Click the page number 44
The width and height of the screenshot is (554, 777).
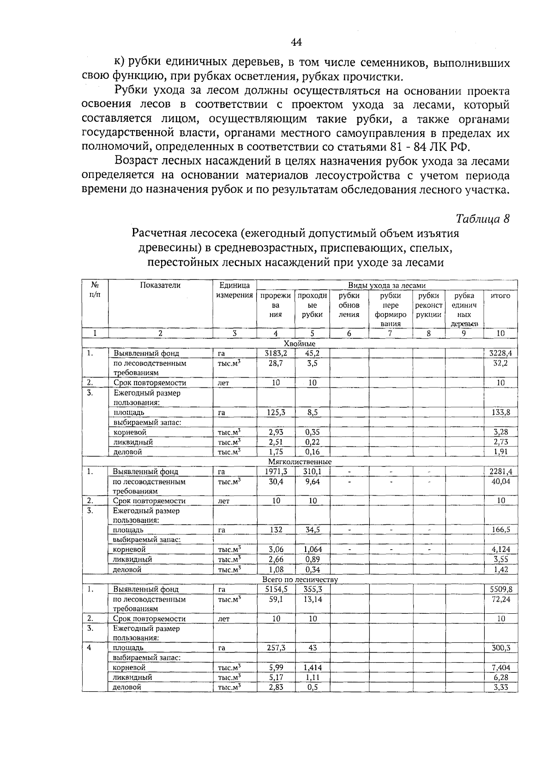coord(296,43)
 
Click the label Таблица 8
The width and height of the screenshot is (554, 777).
coord(482,219)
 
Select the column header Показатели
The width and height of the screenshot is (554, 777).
coord(160,285)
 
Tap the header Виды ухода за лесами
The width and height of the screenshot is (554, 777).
coord(386,286)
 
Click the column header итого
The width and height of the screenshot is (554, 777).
coord(500,296)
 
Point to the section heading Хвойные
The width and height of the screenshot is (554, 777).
coord(300,344)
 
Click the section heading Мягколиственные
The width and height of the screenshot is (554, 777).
coord(300,462)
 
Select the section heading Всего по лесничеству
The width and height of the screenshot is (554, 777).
coord(300,579)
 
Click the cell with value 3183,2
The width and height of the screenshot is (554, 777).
coord(276,353)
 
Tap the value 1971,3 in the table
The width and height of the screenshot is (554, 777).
coord(276,471)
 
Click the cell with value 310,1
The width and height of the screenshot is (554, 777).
coord(313,471)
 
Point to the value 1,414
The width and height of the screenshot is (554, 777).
coord(313,667)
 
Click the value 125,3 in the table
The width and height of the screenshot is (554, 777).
coord(276,412)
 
